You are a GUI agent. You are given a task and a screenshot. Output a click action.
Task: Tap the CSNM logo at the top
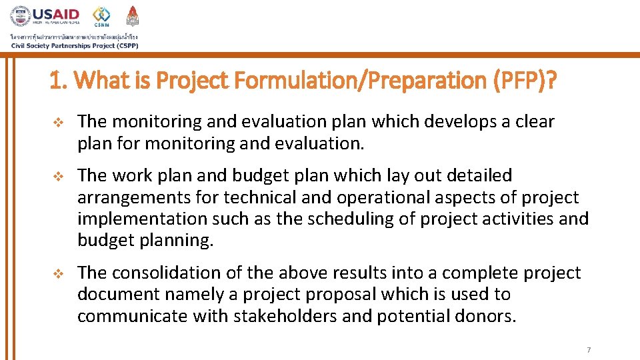coord(101,15)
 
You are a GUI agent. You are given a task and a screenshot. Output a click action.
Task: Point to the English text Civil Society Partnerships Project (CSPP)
coord(74,45)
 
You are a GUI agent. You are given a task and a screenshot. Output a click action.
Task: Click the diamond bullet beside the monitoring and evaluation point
coord(57,122)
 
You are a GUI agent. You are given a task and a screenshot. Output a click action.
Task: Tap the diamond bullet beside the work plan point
coord(57,176)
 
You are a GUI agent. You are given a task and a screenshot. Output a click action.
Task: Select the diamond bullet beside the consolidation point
coord(57,273)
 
